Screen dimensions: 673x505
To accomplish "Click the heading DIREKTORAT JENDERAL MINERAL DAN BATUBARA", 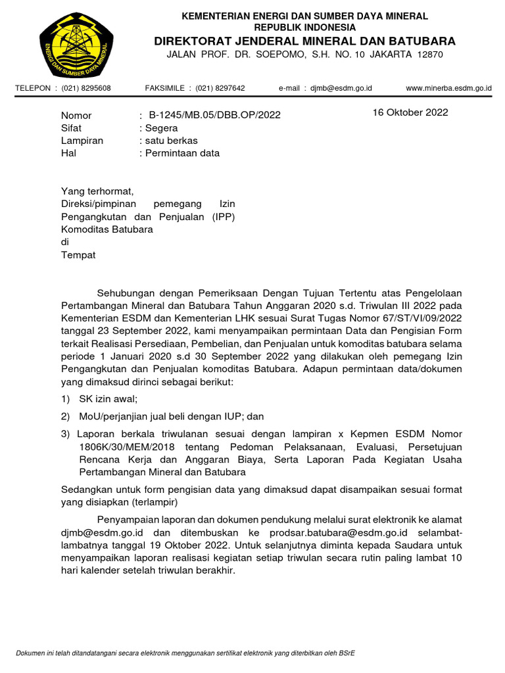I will [x=304, y=41].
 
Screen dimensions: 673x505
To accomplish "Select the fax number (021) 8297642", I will [x=220, y=88].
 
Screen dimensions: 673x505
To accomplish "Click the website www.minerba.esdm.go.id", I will [x=448, y=88].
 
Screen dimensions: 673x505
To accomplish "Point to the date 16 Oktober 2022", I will [x=410, y=112].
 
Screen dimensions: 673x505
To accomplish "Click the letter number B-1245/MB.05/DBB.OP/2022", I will [x=214, y=115].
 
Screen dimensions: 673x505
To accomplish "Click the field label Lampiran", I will [x=82, y=141].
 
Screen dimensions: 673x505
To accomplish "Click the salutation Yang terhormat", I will [x=97, y=191].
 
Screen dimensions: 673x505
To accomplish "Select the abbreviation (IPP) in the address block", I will [x=224, y=217].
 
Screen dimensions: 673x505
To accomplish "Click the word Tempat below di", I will [x=78, y=255].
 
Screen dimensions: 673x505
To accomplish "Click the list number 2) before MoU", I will [x=65, y=417].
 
